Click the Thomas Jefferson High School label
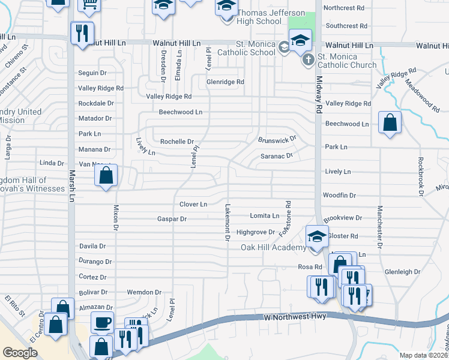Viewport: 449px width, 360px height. [259, 17]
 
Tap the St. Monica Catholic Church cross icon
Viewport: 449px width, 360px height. [308, 59]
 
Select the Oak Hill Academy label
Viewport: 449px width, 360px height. [273, 247]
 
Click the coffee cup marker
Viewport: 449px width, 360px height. [102, 322]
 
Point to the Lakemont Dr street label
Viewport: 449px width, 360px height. [228, 222]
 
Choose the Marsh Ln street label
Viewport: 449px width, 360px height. [72, 185]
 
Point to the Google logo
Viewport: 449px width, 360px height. [20, 353]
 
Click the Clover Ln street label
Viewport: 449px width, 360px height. [193, 205]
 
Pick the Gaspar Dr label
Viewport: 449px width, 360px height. [172, 220]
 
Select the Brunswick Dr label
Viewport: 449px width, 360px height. [277, 139]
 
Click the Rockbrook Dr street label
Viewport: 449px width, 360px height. [421, 175]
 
